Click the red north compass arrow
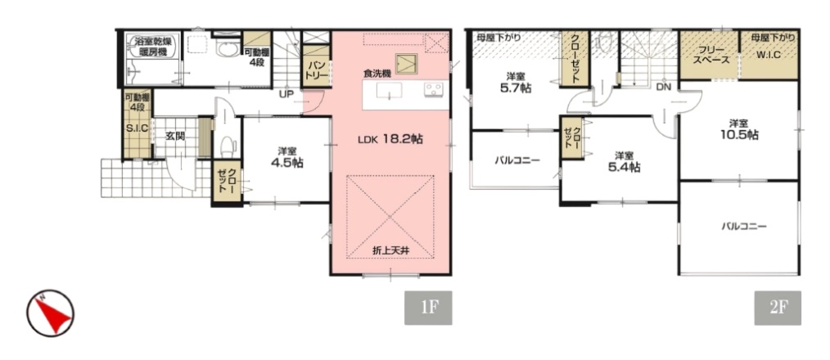click(x=54, y=314)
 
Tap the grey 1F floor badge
click(x=428, y=308)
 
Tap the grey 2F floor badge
click(x=778, y=308)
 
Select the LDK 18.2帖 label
click(x=390, y=139)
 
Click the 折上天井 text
click(x=390, y=251)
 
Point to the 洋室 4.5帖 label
click(x=286, y=157)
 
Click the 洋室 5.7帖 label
click(x=515, y=83)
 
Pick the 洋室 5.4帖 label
click(x=624, y=162)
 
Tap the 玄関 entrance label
click(x=174, y=136)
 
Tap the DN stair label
click(x=663, y=87)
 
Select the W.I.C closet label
click(x=768, y=55)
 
